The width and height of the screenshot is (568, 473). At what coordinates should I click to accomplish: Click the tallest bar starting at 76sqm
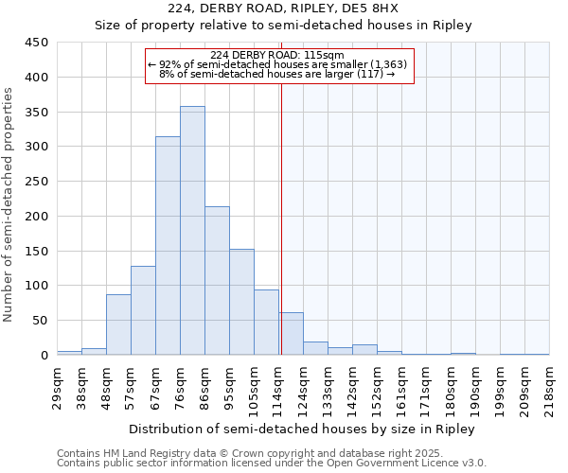(x=192, y=231)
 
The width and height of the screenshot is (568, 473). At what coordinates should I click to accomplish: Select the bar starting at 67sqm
(x=168, y=246)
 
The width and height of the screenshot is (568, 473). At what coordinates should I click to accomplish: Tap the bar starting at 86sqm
(x=217, y=281)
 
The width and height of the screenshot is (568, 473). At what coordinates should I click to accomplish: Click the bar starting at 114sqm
(x=291, y=334)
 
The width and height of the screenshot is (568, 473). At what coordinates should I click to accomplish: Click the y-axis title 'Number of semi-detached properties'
(x=9, y=203)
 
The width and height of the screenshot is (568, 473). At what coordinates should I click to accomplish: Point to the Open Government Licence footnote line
(x=272, y=463)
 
